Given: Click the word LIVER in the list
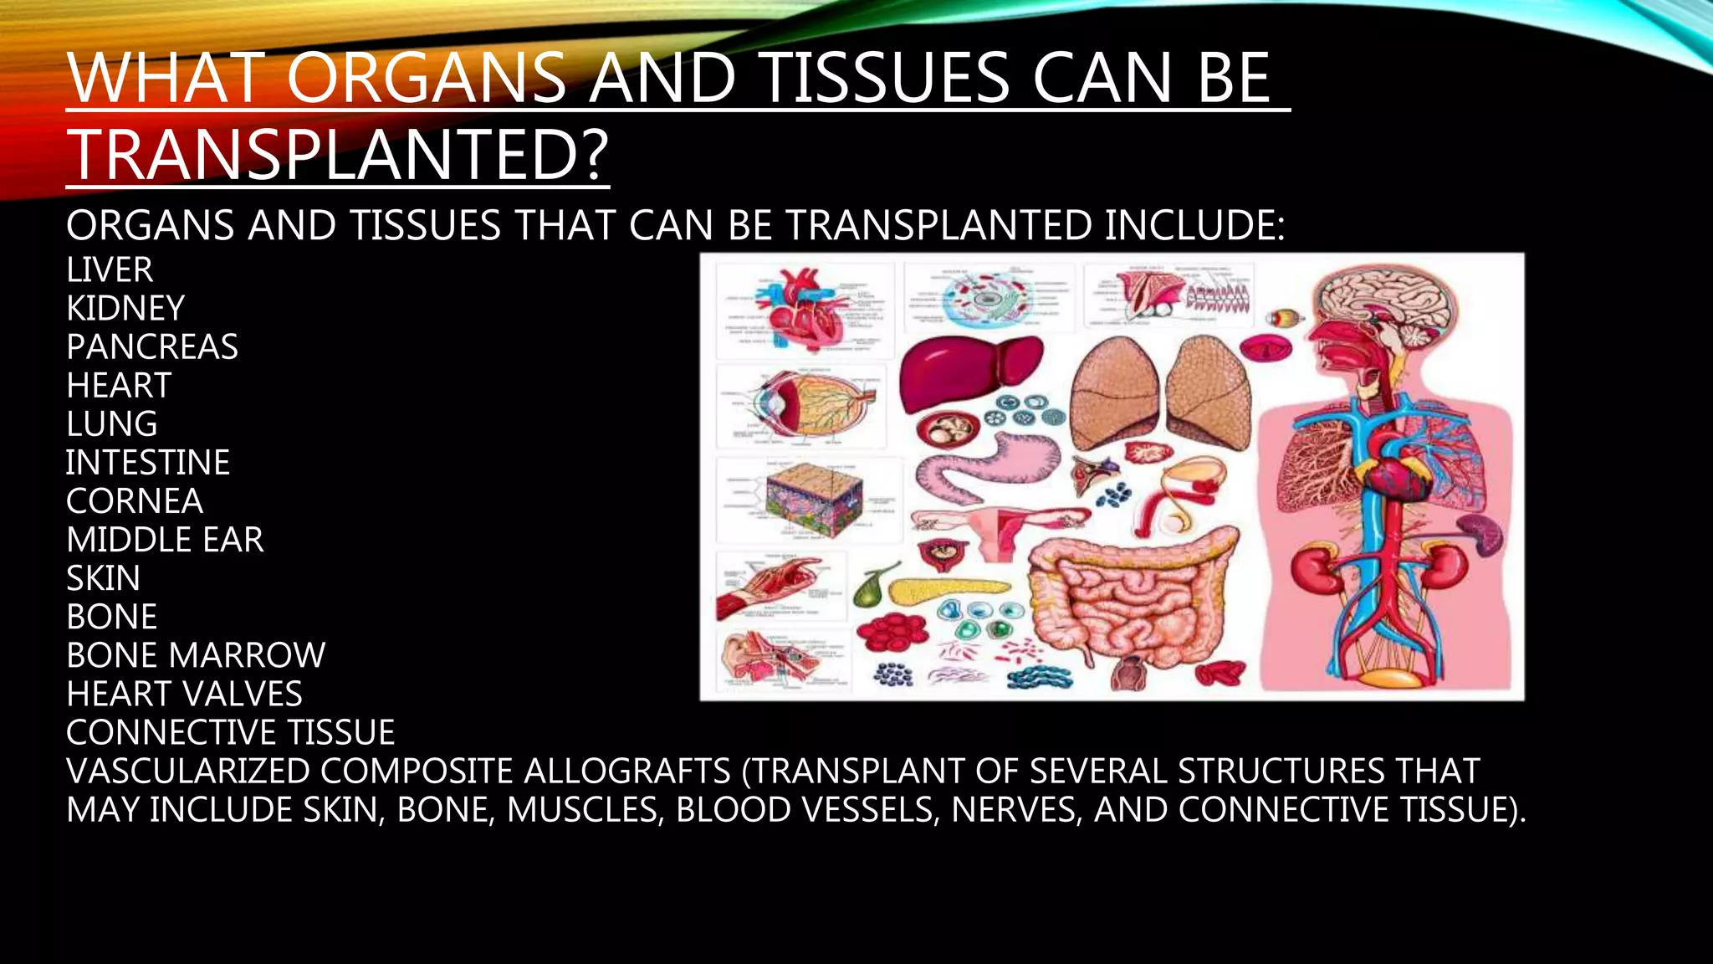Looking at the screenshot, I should point(110,270).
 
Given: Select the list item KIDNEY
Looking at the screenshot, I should point(125,309).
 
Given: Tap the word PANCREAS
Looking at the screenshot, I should point(152,347).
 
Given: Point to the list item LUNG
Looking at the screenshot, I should point(112,424).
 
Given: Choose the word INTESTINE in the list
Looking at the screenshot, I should point(148,463).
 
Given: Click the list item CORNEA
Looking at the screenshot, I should point(135,501).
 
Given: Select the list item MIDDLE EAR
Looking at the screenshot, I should point(165,540).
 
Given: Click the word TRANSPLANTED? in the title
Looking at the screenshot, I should point(338,154).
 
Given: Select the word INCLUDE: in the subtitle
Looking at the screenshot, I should point(1194,226).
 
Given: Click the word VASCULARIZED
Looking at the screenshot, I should point(189,771).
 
